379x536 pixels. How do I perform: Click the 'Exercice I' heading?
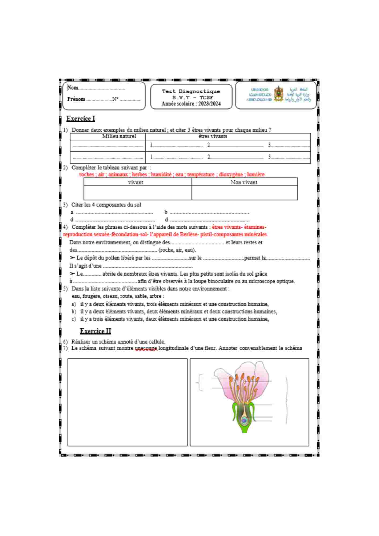point(81,118)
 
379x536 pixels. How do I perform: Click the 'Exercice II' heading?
point(95,331)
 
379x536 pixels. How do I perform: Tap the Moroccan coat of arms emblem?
point(279,94)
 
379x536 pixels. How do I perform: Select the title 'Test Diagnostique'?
point(191,91)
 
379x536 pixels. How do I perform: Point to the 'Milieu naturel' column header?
point(119,136)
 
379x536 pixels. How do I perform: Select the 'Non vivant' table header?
point(244,183)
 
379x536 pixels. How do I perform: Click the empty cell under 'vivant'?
point(138,193)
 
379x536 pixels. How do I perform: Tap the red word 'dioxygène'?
point(231,174)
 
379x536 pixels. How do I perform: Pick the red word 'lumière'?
point(256,174)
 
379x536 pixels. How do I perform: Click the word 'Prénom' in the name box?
point(76,99)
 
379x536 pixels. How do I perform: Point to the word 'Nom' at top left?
point(73,88)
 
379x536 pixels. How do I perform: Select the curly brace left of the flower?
point(200,382)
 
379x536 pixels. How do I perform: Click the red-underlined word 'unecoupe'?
point(146,348)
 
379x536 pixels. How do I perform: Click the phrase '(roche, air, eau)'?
point(177,250)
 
